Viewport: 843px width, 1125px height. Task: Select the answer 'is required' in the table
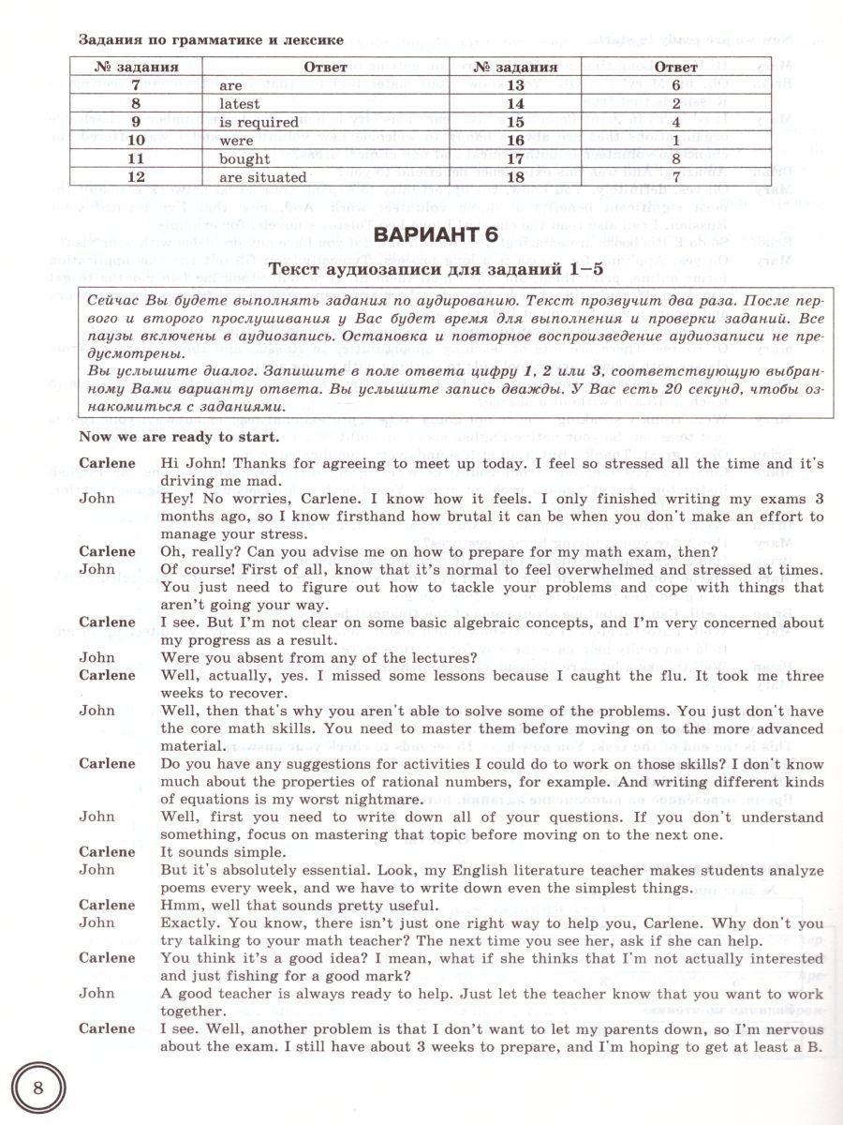pos(259,122)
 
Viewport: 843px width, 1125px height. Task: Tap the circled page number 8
pos(37,1088)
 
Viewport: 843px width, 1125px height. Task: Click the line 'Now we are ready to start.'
pos(179,437)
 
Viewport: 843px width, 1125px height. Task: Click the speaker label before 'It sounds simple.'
pos(107,851)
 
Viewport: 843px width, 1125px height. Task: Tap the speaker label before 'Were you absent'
pos(97,657)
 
